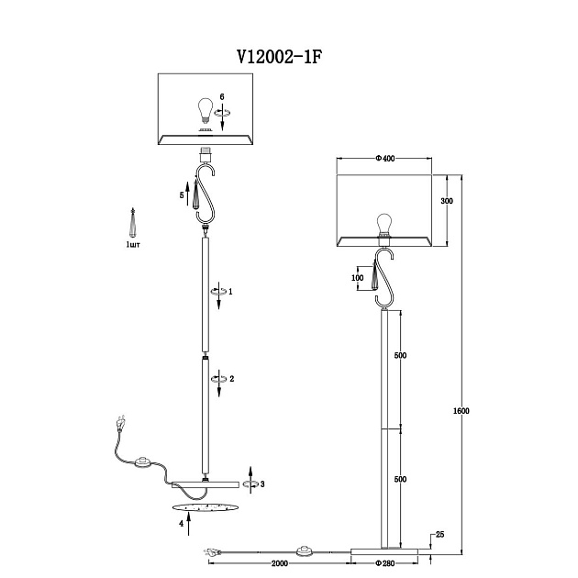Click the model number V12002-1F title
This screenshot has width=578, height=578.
[280, 57]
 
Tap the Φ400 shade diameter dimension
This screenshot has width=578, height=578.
[384, 159]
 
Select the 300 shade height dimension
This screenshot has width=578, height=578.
[447, 201]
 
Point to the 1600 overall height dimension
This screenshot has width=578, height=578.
[461, 411]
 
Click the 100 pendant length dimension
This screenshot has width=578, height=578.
[357, 278]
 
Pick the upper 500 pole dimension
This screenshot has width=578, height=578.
[400, 355]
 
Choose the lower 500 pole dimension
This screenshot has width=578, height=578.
[400, 479]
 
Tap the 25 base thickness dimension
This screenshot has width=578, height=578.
[439, 535]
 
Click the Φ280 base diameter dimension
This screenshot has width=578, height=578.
[384, 563]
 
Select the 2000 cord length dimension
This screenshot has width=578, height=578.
[280, 563]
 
